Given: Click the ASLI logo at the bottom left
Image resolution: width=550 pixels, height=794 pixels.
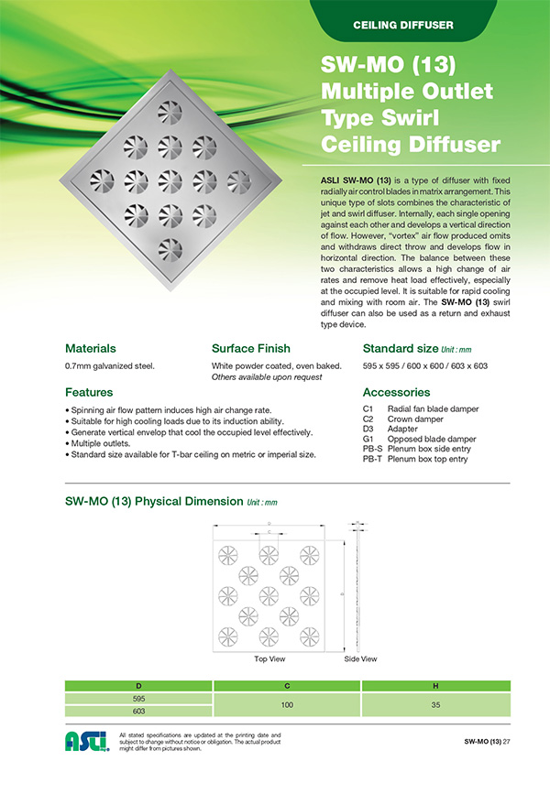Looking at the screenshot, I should click(87, 740).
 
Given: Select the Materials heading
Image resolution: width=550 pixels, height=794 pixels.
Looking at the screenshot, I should click(91, 349).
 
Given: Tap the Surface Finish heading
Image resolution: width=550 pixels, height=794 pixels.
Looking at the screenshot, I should click(251, 349).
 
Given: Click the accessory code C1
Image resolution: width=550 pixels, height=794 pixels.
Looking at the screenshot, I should click(368, 408).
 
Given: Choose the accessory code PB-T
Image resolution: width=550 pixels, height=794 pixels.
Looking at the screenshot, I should click(372, 459).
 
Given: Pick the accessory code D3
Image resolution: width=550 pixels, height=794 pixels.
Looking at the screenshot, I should click(368, 429).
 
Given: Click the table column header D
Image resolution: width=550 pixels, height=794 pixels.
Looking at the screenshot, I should click(138, 685).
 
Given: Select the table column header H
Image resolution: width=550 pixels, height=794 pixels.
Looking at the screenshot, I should click(435, 685).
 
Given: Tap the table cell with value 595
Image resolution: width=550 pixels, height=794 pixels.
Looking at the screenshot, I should click(138, 698).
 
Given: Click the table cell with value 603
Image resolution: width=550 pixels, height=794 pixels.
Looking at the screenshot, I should click(138, 711).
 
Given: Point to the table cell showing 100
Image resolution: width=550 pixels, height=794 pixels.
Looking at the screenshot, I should click(287, 704).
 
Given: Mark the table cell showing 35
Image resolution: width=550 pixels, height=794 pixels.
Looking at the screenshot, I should click(435, 704).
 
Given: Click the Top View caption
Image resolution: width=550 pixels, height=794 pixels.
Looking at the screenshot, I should click(269, 658).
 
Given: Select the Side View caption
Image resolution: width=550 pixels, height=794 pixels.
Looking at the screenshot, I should click(360, 658).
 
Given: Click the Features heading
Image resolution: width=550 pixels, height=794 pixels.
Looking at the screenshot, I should click(89, 392).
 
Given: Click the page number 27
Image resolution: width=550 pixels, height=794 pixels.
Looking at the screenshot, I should click(506, 740).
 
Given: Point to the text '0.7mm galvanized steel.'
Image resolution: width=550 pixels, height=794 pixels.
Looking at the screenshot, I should click(110, 366).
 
